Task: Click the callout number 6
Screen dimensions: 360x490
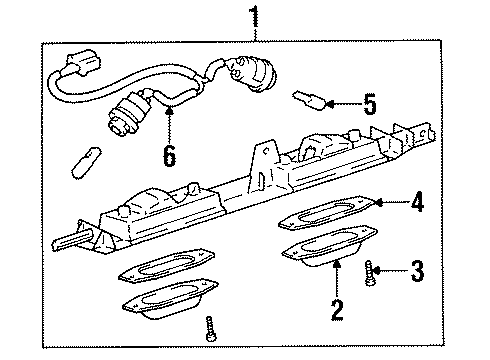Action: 169,155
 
